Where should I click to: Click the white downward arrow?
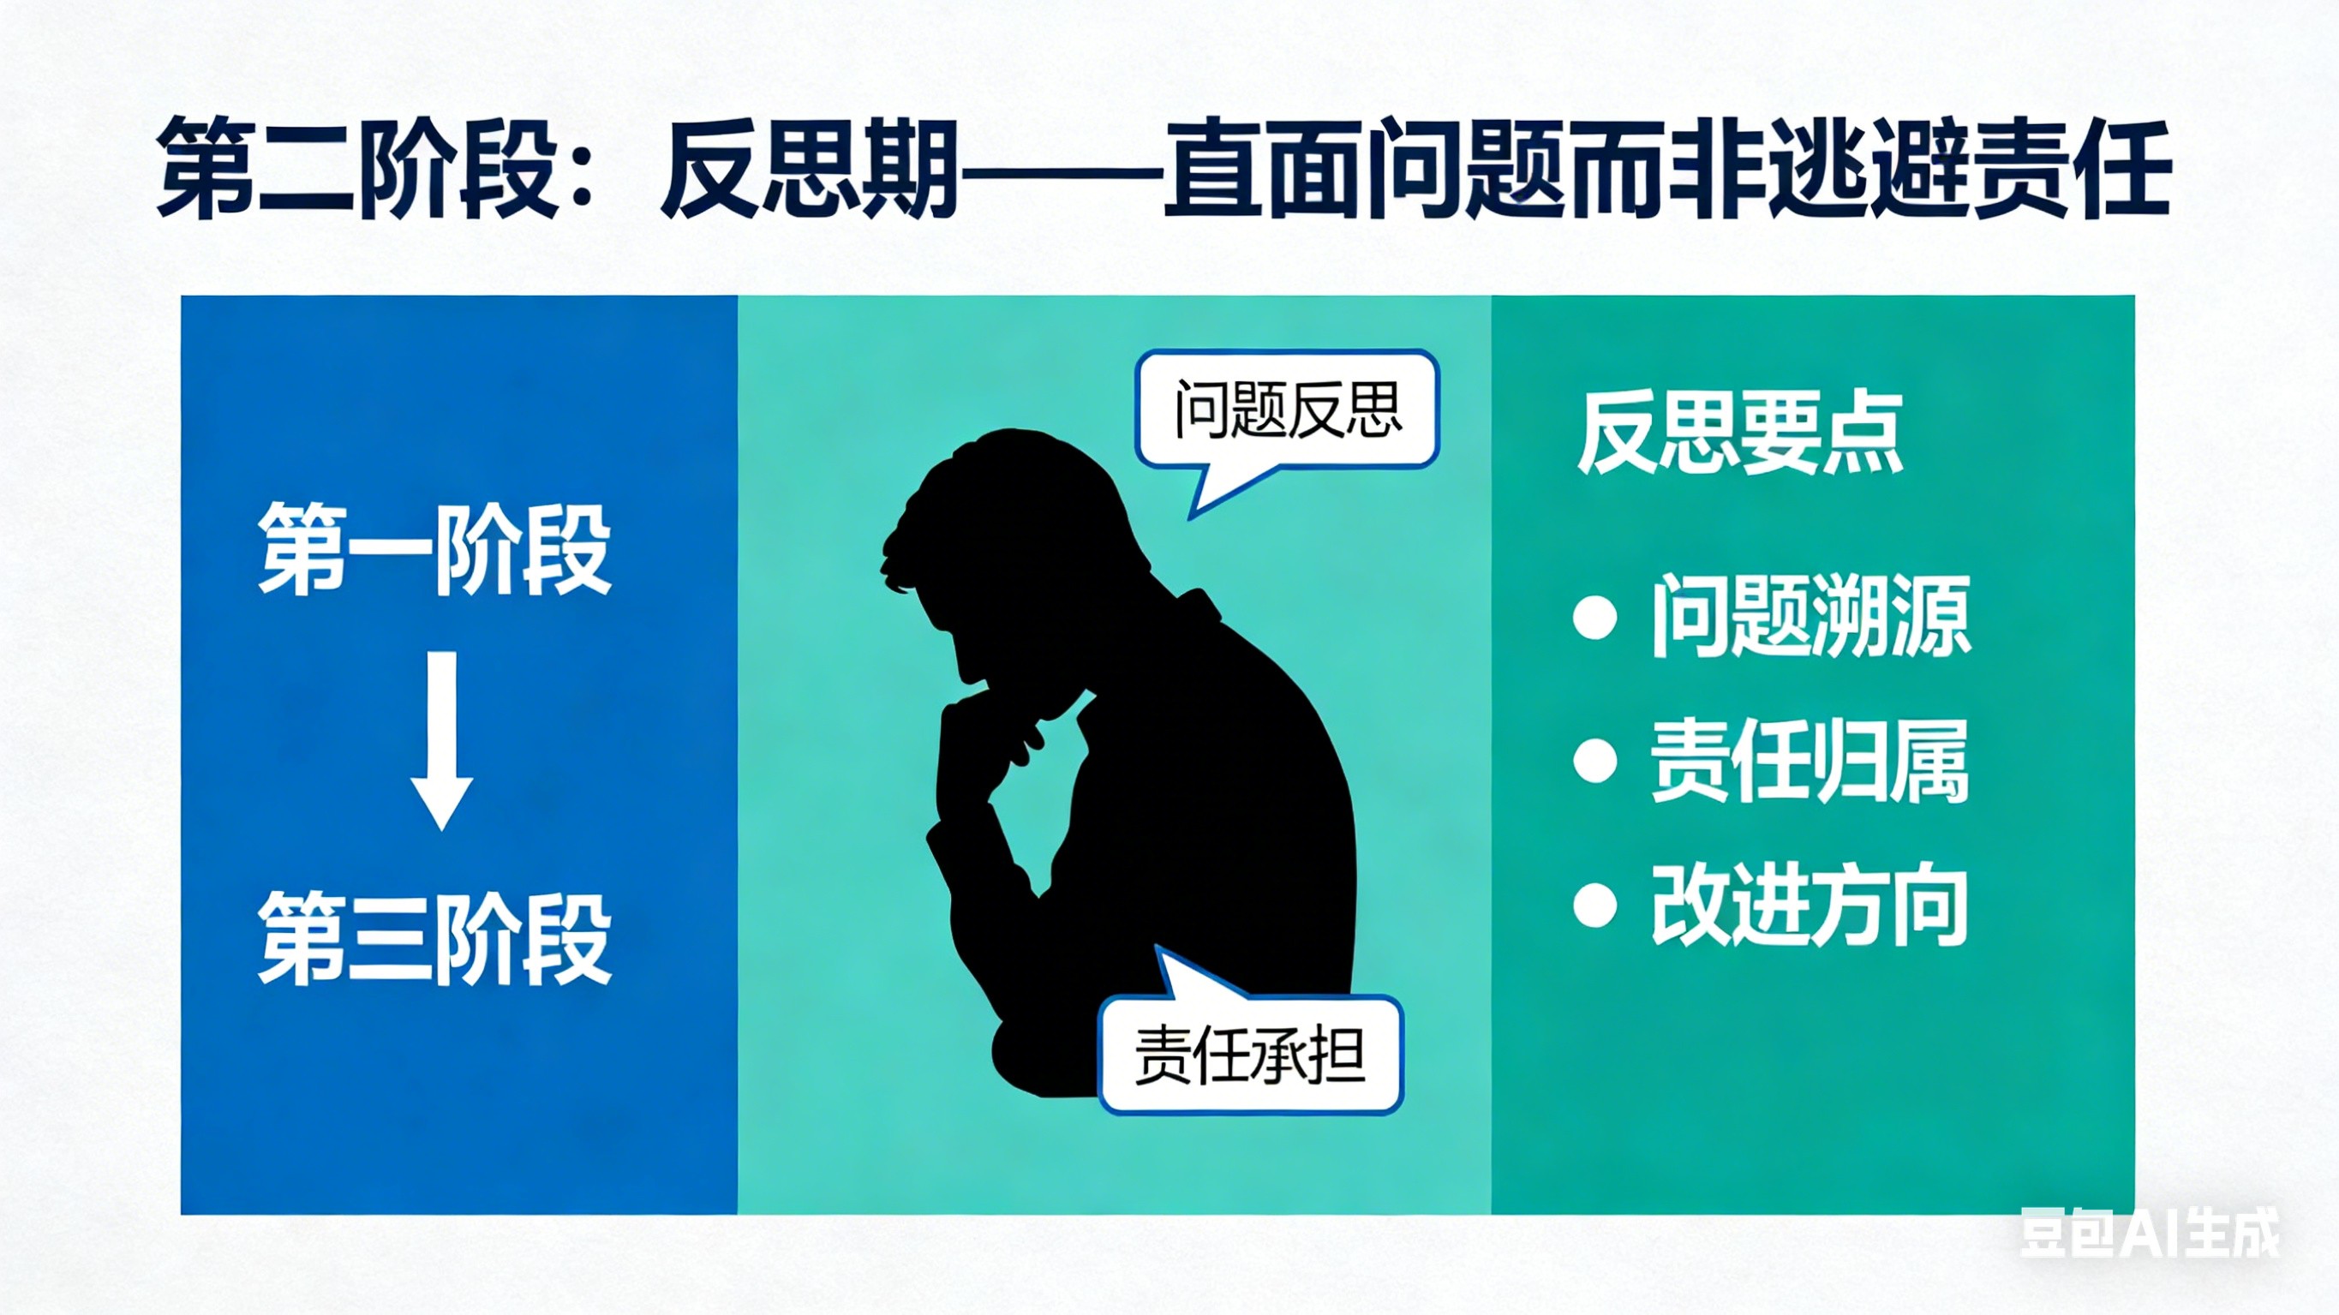coord(441,740)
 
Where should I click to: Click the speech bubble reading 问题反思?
coord(1288,410)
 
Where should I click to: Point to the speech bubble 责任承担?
coord(1250,1055)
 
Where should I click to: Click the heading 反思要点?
coord(1738,434)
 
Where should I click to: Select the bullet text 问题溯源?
coord(1810,618)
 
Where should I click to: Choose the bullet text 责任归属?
coord(1809,761)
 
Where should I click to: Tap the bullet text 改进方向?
coord(1809,906)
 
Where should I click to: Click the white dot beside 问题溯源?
coord(1594,619)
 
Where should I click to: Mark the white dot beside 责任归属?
coord(1594,761)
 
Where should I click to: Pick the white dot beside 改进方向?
coord(1594,906)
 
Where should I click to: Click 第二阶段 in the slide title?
coord(356,168)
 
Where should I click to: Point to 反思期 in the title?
coord(811,168)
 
